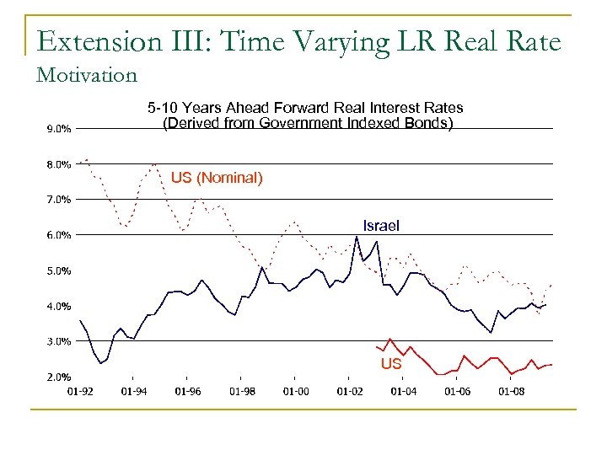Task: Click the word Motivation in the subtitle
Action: (x=87, y=75)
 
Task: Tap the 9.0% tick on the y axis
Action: (x=57, y=129)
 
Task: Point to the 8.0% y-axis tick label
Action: (x=57, y=164)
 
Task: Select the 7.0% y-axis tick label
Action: (x=57, y=200)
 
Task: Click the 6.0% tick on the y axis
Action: (x=57, y=235)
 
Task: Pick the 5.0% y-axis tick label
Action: (x=57, y=270)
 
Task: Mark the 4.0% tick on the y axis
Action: (x=57, y=306)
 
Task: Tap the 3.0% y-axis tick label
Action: (x=57, y=341)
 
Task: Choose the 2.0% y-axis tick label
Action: (x=57, y=377)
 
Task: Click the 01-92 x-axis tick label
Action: (x=79, y=391)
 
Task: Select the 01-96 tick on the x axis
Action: (x=187, y=391)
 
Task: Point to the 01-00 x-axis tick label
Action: (x=295, y=391)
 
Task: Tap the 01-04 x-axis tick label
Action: (x=403, y=391)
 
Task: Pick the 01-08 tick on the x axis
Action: (x=511, y=391)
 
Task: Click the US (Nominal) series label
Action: (x=217, y=178)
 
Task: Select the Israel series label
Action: (x=381, y=225)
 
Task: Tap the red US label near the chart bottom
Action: (x=390, y=364)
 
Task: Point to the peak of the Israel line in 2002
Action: (x=357, y=237)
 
